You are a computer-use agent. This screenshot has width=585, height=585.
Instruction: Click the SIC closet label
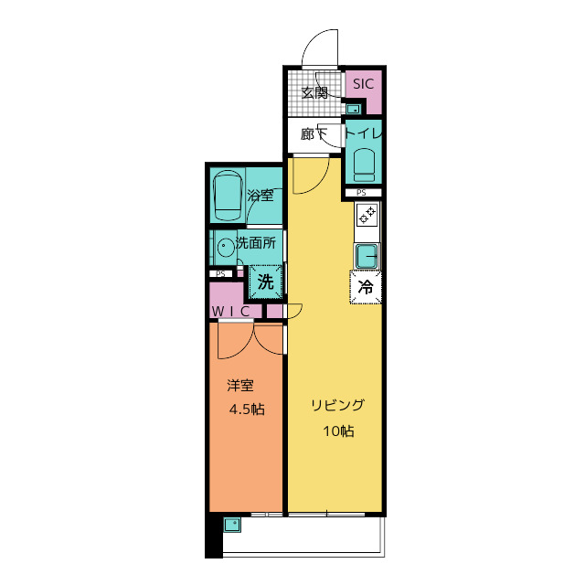363,83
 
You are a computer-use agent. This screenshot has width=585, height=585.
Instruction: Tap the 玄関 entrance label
314,93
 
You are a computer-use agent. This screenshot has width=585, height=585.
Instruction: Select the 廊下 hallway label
314,134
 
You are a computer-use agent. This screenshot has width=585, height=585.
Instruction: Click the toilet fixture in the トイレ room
364,165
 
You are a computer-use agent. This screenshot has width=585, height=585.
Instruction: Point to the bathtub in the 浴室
228,195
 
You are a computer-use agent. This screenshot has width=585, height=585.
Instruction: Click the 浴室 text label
260,195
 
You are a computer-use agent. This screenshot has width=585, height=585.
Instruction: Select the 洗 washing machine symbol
266,282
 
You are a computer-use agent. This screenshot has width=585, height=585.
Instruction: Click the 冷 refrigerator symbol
366,287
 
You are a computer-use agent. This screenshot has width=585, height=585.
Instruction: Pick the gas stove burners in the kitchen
367,215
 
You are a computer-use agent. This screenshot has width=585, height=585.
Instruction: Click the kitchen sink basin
367,256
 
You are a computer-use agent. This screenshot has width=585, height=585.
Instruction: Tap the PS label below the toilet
361,193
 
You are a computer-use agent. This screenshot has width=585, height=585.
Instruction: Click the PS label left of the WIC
220,274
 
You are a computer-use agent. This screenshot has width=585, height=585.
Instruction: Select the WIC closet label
230,311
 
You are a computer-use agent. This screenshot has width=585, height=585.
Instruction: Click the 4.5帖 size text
247,409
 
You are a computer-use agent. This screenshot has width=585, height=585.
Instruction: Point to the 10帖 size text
338,431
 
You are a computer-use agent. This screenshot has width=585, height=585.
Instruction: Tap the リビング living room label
337,405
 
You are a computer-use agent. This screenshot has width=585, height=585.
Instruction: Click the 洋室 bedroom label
240,386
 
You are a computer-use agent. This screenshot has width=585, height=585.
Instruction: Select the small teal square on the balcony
232,525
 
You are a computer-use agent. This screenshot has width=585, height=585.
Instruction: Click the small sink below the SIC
353,109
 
